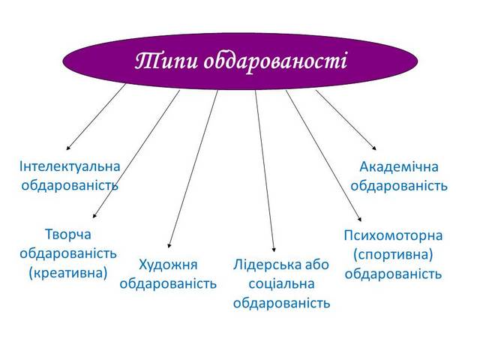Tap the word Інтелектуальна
70,166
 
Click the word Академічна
399,167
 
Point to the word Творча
68,235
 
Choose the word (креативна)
68,273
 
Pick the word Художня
168,265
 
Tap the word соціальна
282,283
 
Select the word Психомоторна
393,235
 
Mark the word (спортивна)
393,255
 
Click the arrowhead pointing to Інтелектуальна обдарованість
68,148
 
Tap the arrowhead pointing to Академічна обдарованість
374,148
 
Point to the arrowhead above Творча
94,216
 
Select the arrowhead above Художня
169,245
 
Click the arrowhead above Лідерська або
274,250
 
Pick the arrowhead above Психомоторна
360,219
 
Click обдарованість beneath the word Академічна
399,186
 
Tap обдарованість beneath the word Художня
168,283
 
